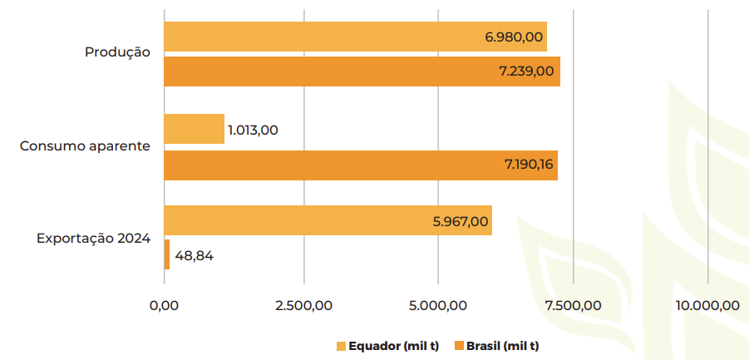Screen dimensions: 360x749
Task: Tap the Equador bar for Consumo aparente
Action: [194, 129]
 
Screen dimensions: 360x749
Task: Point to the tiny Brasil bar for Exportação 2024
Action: [167, 254]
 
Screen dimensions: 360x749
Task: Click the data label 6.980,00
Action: [514, 37]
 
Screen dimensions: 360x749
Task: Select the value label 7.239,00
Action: [526, 72]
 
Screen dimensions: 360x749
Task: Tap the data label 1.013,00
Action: [253, 130]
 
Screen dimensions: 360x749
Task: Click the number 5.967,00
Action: [461, 221]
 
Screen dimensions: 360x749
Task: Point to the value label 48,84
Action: [195, 255]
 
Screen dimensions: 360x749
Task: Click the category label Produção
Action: [117, 52]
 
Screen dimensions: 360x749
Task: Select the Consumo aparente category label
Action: [85, 145]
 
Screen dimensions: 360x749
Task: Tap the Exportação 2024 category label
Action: [93, 238]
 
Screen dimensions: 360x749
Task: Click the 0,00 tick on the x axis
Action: [164, 305]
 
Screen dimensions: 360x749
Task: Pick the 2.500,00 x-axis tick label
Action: [303, 305]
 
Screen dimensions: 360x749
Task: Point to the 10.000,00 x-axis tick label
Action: [707, 305]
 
